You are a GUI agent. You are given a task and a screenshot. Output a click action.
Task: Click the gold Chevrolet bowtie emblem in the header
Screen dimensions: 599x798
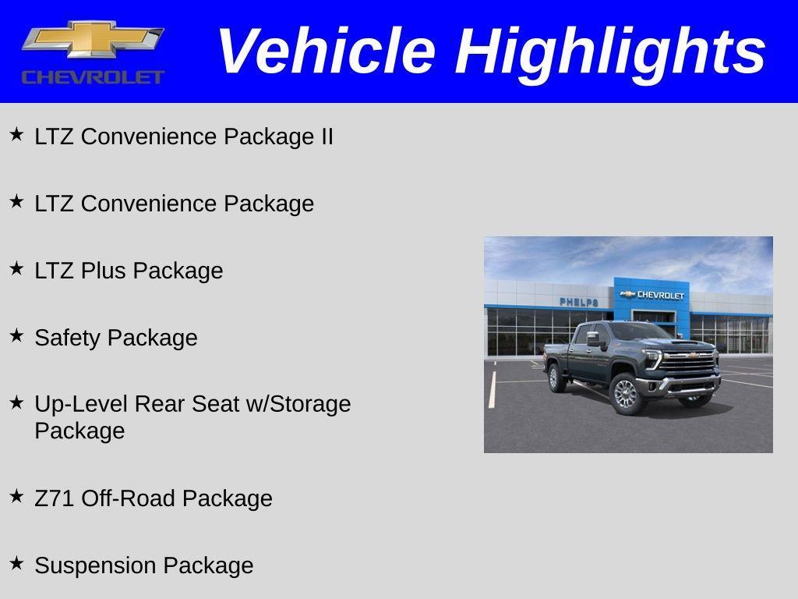(93, 40)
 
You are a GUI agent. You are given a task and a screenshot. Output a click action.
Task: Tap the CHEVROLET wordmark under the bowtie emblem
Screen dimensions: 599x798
(93, 76)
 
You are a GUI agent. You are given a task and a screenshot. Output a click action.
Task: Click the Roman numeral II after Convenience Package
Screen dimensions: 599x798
(326, 136)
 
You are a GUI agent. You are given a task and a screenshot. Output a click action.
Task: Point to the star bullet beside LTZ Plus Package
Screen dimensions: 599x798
(16, 268)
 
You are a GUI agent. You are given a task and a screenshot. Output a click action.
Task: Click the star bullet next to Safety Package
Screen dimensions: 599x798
(16, 335)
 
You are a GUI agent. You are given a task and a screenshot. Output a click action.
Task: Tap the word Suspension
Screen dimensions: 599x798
(97, 565)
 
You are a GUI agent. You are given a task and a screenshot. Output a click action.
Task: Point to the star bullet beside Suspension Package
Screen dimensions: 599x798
(16, 563)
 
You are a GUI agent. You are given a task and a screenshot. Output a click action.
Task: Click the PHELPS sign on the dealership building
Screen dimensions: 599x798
(578, 302)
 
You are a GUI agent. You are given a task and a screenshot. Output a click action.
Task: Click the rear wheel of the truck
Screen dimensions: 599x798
(557, 378)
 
